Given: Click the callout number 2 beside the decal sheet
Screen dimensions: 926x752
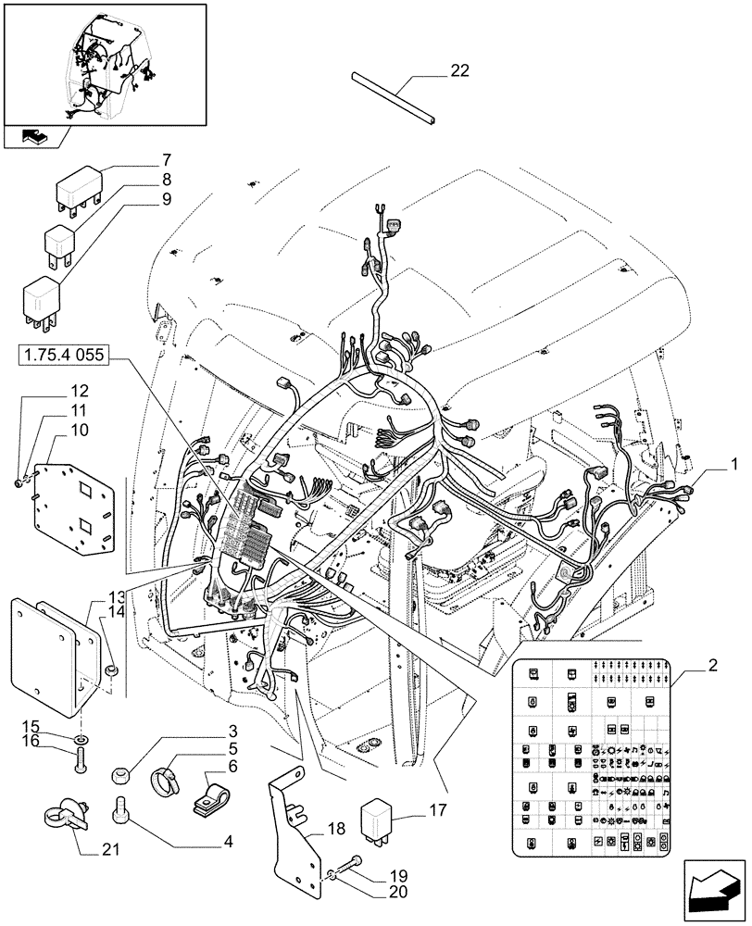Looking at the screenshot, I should [x=711, y=665].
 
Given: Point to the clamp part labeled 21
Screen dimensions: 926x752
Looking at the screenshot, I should [x=63, y=816].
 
